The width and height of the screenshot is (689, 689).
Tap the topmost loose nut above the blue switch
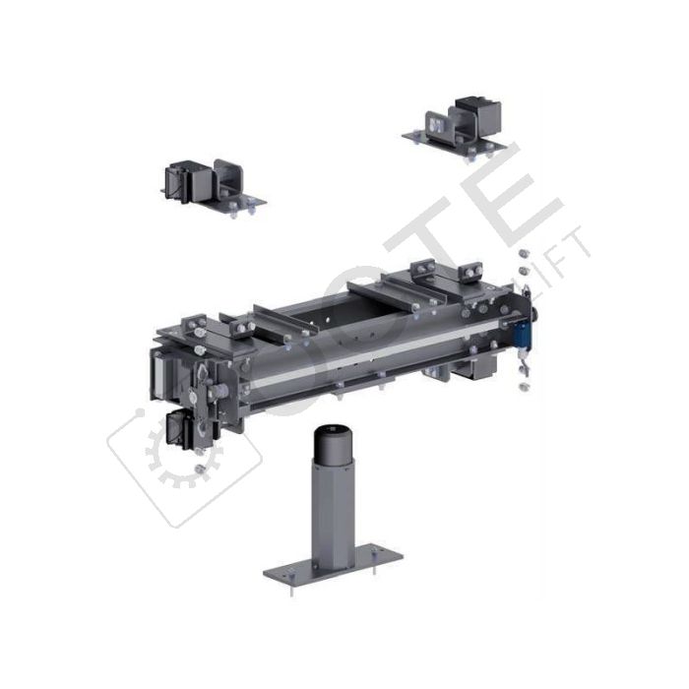[522, 254]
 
